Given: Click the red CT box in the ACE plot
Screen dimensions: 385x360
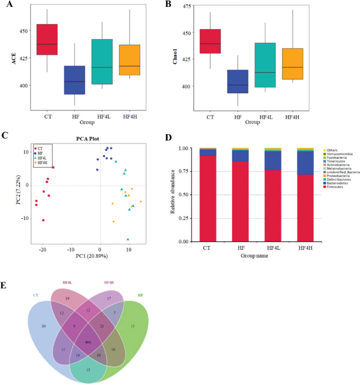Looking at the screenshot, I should [47, 39].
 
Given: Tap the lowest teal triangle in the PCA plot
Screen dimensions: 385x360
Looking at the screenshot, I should [128, 239].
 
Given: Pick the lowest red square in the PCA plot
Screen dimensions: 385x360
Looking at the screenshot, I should [43, 220].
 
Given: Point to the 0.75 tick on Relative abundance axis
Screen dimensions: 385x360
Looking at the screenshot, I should [186, 171].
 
